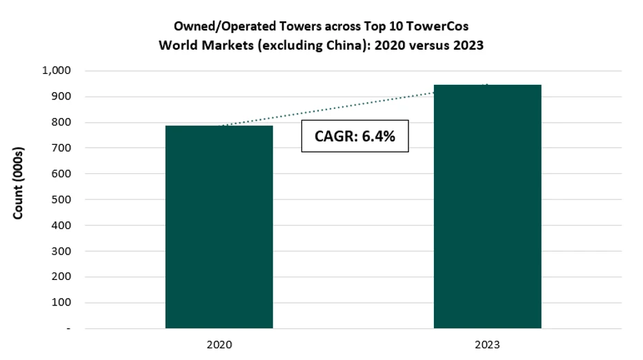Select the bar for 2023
coord(487,206)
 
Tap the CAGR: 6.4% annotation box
coord(355,137)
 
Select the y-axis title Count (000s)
coord(19,183)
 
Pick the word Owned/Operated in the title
coord(215,27)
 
